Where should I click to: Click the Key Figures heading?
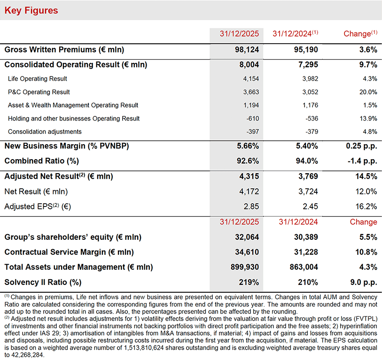pyautogui.click(x=31, y=10)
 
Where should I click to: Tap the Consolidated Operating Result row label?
pyautogui.click(x=76, y=65)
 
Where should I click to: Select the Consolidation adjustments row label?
pyautogui.click(x=45, y=132)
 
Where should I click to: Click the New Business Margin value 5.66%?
pyautogui.click(x=248, y=146)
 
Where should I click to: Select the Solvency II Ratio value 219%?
pyautogui.click(x=250, y=282)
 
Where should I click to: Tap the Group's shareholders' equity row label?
pyautogui.click(x=73, y=237)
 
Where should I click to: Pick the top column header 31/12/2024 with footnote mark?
pyautogui.click(x=295, y=34)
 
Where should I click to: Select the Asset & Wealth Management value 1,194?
pyautogui.click(x=250, y=105)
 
